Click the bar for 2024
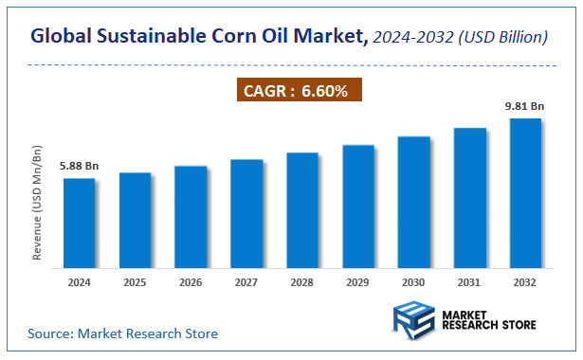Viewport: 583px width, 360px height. point(79,223)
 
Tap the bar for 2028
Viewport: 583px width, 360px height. point(302,209)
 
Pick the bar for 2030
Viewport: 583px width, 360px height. point(413,202)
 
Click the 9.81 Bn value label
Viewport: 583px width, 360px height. point(523,107)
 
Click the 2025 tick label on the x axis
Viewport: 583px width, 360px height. point(135,281)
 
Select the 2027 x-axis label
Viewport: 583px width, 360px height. point(246,281)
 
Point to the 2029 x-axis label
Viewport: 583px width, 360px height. point(358,281)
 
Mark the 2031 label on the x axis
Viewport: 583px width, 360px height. point(469,281)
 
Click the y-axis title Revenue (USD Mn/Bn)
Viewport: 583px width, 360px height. point(38,203)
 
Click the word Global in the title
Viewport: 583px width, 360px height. point(62,37)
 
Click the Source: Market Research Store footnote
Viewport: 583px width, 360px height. point(122,333)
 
